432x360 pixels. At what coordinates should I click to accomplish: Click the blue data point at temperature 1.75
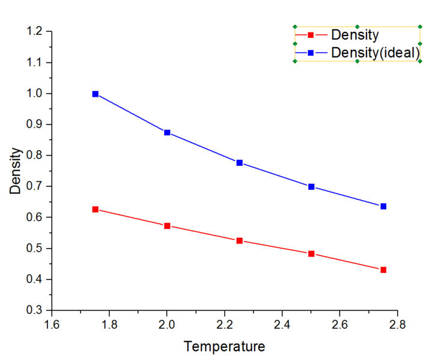95,94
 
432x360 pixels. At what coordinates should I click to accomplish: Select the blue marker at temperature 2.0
167,132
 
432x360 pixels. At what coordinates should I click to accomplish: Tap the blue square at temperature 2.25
239,163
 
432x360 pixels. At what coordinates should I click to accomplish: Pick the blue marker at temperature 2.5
311,186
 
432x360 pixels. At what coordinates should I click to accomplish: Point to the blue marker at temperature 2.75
383,206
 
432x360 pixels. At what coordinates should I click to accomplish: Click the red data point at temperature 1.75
95,209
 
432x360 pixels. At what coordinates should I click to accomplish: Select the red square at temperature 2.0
167,226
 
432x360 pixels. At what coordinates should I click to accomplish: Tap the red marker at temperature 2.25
239,240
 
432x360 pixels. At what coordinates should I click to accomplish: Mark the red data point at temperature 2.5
311,254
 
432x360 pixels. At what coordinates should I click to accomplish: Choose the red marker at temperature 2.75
383,270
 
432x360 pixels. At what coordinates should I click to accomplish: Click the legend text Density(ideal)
375,53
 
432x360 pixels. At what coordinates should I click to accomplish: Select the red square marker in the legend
311,35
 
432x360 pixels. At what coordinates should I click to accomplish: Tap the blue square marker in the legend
311,53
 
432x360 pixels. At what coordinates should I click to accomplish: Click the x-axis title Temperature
224,347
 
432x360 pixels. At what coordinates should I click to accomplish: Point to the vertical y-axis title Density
16,171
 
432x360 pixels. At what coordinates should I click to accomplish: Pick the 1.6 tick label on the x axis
52,325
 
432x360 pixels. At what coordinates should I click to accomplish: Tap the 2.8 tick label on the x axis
397,325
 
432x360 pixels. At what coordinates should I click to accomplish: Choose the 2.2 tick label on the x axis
224,325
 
